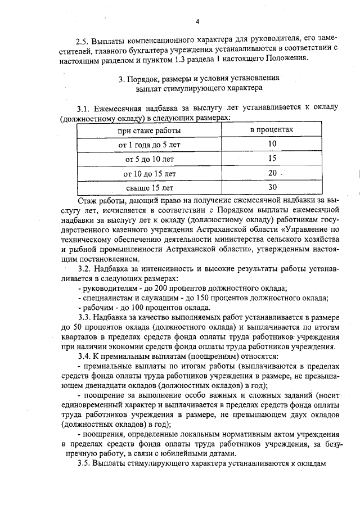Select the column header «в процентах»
(272, 130)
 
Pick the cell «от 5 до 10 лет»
(149, 159)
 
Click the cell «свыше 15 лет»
(149, 187)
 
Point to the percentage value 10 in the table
(272, 144)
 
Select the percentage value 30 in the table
(272, 187)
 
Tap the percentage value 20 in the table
(272, 173)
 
